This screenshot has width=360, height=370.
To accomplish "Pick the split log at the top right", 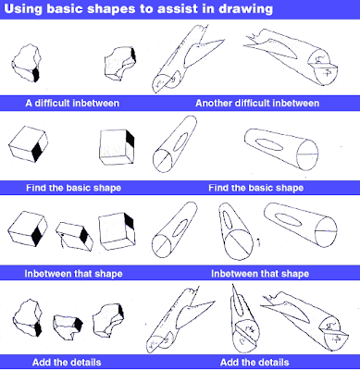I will pos(296,61).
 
